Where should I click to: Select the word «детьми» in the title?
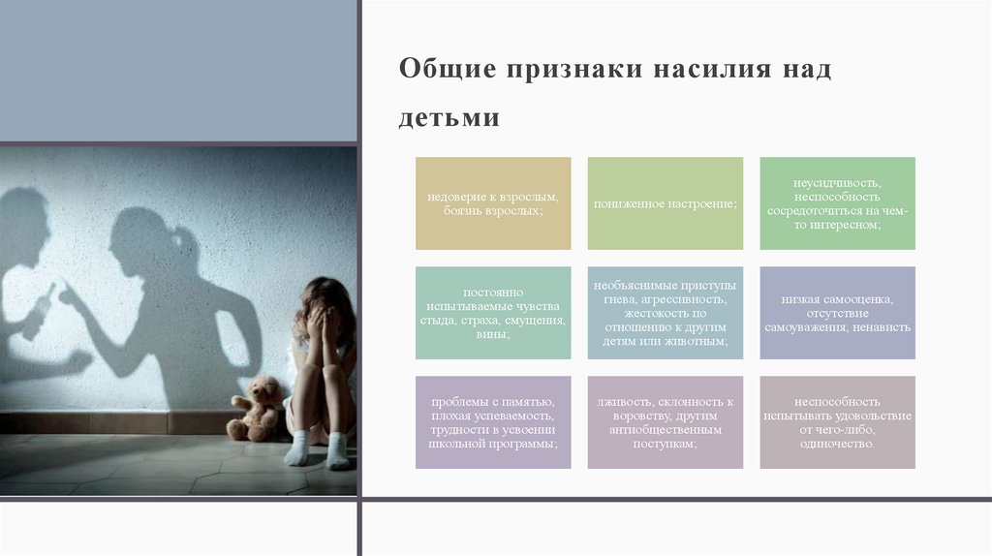[449, 118]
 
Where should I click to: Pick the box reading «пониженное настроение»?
[666, 203]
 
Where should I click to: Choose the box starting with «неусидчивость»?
[837, 203]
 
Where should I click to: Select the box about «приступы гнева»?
[666, 313]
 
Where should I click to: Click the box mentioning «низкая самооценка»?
[837, 313]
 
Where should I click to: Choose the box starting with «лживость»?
[666, 422]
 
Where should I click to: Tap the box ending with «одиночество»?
[837, 422]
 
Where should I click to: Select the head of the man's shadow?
[23, 218]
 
